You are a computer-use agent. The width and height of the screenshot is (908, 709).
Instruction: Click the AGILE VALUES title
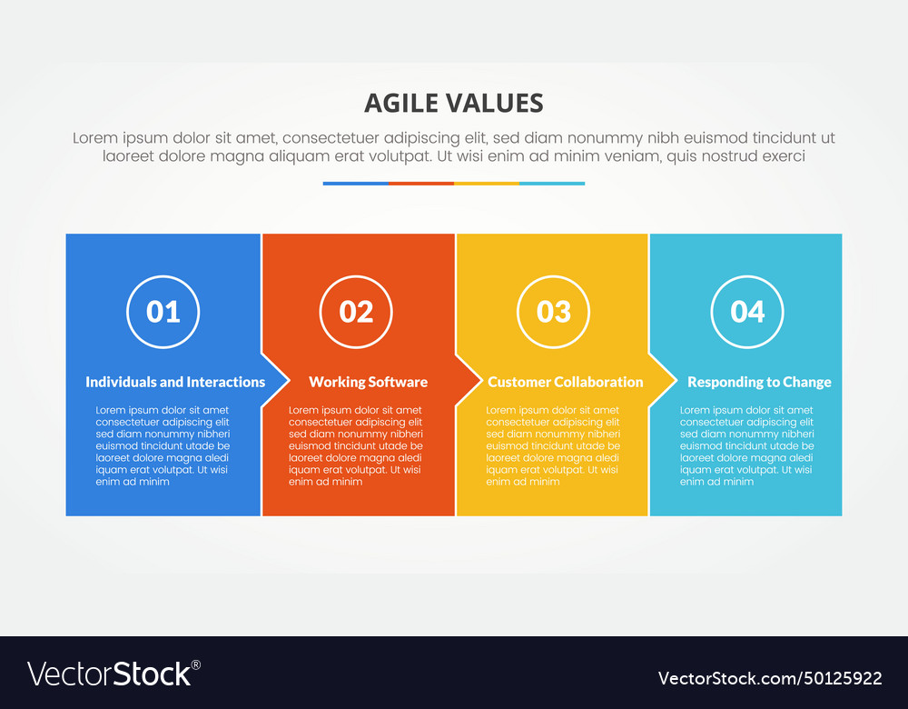(453, 103)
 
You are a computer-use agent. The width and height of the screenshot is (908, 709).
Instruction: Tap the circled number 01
(163, 312)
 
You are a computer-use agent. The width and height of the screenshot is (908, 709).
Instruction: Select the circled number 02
(356, 312)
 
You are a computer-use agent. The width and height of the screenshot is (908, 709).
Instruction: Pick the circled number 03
(553, 312)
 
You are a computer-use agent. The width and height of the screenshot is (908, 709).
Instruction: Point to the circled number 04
(747, 312)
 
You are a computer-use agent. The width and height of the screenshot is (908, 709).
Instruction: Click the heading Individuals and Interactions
(175, 382)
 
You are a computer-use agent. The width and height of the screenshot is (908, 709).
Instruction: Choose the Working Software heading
(368, 382)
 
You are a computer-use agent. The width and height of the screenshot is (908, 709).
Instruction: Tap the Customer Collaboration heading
(565, 382)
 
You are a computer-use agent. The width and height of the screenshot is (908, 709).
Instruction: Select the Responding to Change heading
(759, 382)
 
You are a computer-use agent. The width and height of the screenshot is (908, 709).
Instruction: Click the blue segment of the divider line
(356, 184)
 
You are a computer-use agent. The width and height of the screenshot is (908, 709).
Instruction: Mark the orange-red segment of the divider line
(421, 184)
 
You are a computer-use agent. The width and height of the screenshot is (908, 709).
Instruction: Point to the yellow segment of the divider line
(487, 184)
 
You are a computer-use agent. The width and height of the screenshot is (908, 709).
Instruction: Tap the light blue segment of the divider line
(552, 184)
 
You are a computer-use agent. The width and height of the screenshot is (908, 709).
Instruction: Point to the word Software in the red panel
(397, 382)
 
